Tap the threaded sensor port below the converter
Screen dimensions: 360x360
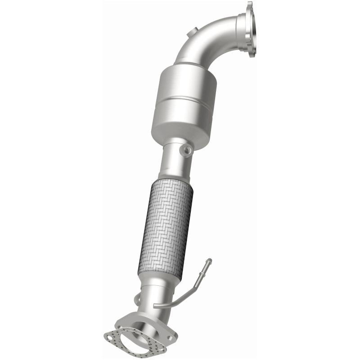185,150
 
